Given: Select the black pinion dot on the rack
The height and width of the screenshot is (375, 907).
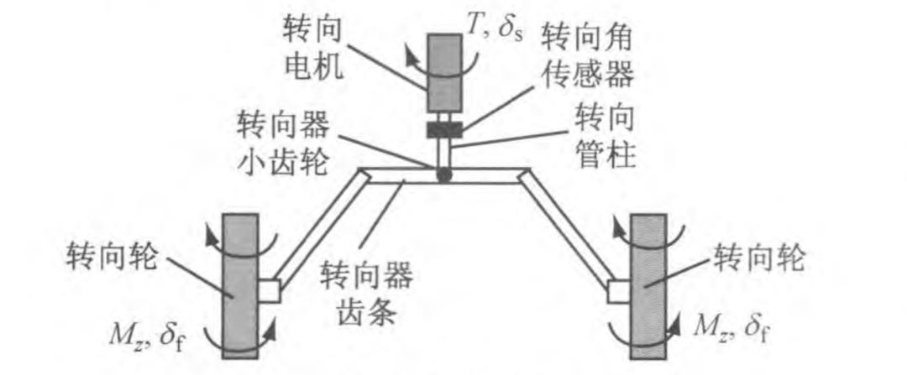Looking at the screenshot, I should click(x=443, y=175).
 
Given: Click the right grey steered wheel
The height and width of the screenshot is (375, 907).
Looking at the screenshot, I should click(x=651, y=285).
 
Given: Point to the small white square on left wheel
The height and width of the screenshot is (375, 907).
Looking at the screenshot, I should click(x=270, y=290).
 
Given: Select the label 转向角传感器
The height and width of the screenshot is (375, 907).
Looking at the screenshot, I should click(x=585, y=54).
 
